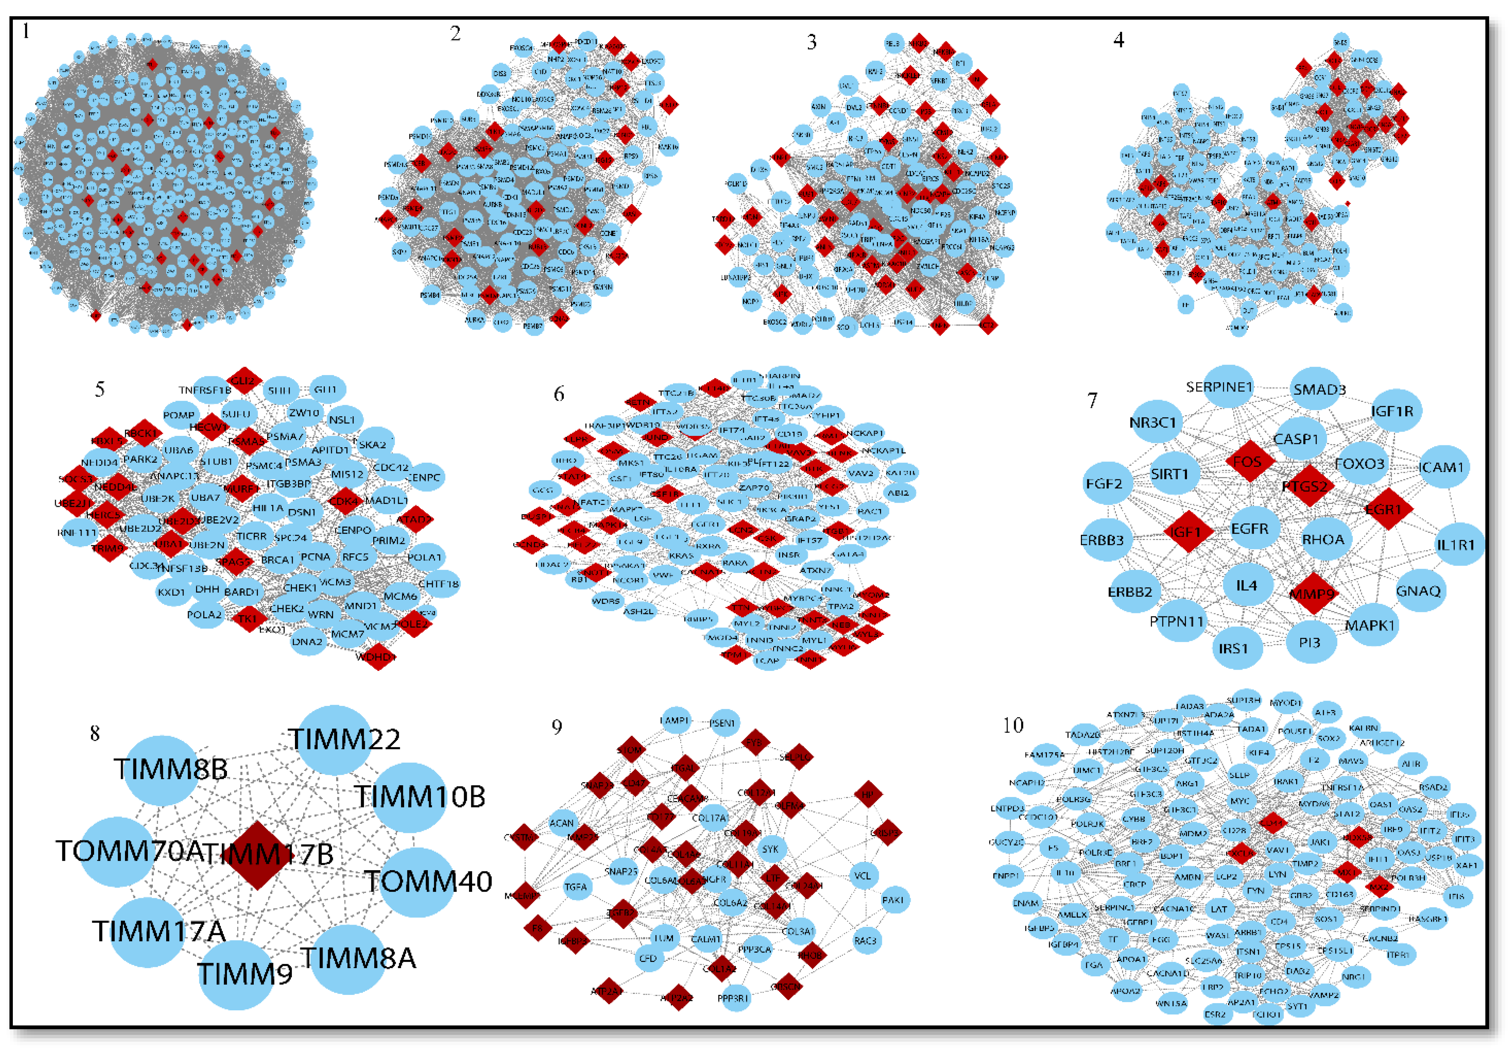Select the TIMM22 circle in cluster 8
pyautogui.click(x=334, y=740)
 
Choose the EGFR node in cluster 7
pyautogui.click(x=1250, y=529)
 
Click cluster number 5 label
pyautogui.click(x=100, y=389)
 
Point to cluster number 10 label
pyautogui.click(x=1013, y=726)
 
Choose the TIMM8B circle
pyautogui.click(x=161, y=770)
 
